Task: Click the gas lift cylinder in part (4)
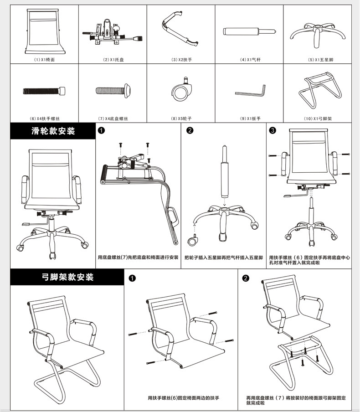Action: click(x=249, y=32)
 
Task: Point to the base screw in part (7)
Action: click(x=113, y=91)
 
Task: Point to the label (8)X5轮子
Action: click(x=181, y=118)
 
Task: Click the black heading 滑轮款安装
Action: click(x=53, y=131)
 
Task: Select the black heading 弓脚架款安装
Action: click(x=67, y=277)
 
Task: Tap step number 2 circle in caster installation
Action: click(x=190, y=131)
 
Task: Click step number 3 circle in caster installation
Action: click(x=273, y=131)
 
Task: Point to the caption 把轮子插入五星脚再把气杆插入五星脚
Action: click(x=223, y=257)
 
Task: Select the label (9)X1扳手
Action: click(x=250, y=118)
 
